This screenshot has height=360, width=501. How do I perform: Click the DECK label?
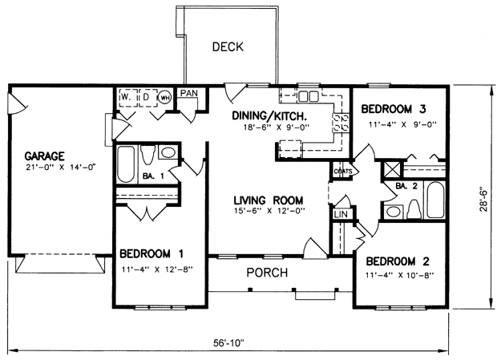click(228, 47)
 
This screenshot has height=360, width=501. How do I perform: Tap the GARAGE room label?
click(44, 156)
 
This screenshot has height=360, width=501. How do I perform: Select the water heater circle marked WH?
click(165, 98)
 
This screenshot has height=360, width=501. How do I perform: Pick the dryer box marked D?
click(148, 98)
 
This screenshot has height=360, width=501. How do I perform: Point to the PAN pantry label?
click(189, 93)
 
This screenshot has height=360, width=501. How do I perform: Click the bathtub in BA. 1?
click(126, 164)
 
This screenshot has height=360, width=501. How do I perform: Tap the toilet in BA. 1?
click(147, 155)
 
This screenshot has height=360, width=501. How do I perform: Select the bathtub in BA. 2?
click(434, 200)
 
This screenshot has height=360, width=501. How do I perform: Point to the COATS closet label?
click(343, 172)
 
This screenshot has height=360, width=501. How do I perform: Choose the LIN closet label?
click(341, 214)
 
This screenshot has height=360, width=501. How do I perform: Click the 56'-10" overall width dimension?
click(228, 343)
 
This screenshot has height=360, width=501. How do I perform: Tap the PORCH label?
click(267, 273)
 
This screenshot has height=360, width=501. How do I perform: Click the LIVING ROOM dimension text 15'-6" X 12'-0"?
click(269, 211)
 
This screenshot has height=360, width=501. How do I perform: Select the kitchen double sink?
click(309, 96)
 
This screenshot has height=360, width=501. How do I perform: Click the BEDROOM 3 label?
click(394, 109)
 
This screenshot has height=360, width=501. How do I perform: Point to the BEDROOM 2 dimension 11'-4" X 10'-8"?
click(400, 274)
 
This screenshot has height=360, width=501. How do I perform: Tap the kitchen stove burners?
click(341, 123)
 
